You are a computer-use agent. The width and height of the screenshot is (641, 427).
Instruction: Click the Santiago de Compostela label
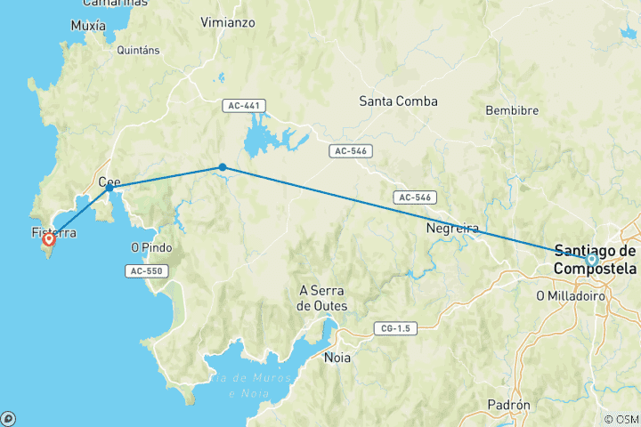(595, 259)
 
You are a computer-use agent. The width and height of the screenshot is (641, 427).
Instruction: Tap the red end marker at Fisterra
(49, 238)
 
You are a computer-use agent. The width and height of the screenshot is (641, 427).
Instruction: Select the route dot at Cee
(110, 188)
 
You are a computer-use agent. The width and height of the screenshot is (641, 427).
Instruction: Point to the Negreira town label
(453, 228)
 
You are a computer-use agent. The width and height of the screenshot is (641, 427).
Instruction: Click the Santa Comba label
(398, 101)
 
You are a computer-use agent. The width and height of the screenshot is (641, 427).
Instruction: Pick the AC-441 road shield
(244, 106)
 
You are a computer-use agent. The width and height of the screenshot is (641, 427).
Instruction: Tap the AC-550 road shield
(147, 270)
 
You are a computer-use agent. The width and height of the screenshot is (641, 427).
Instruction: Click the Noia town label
(337, 358)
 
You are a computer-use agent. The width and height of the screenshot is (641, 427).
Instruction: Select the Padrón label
(509, 405)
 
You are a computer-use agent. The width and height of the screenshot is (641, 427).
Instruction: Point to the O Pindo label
(150, 247)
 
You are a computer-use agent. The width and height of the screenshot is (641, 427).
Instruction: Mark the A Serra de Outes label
(322, 297)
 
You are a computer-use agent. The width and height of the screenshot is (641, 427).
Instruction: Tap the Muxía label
(88, 26)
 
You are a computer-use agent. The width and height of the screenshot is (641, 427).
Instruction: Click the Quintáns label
(138, 51)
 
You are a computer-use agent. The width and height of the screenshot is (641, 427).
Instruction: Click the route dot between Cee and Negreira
(223, 167)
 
